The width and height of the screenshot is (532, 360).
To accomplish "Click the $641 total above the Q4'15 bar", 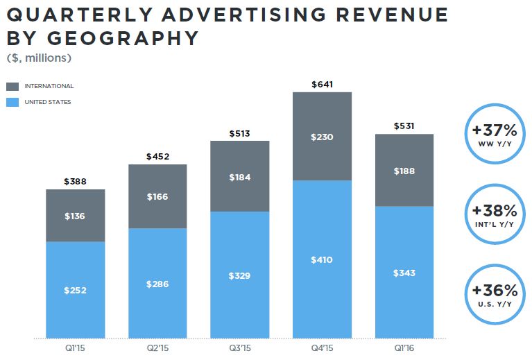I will [x=322, y=85].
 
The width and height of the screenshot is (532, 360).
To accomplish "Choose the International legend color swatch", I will [x=12, y=87].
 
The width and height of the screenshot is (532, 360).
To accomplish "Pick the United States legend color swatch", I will [x=12, y=103].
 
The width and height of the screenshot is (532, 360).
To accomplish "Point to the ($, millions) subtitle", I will [x=38, y=58].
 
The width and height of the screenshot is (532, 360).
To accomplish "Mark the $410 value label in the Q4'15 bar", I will [x=322, y=260].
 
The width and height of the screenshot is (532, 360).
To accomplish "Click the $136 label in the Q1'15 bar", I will [x=75, y=216].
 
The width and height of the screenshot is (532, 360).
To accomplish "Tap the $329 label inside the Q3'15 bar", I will [x=239, y=275].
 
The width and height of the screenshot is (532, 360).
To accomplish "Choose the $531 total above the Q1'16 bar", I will [x=404, y=126].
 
